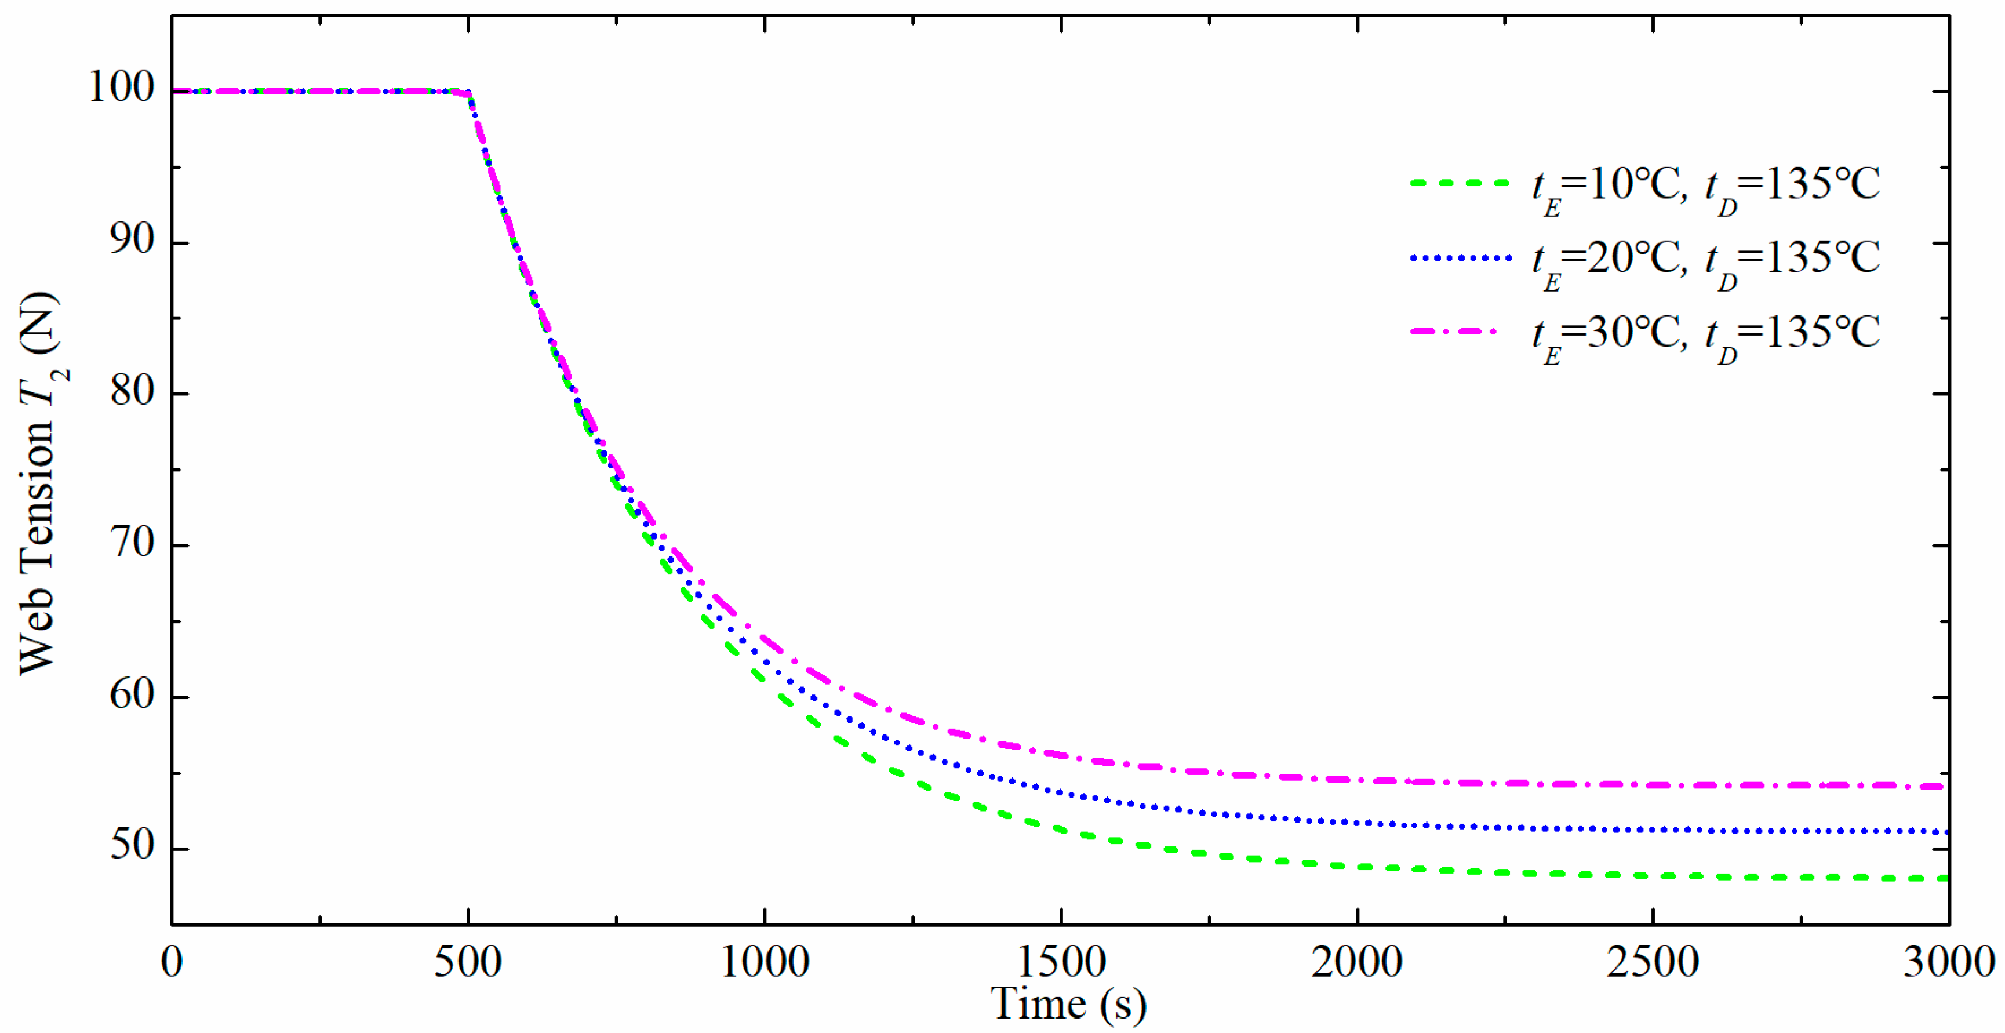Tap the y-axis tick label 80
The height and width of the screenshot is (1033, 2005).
(x=132, y=391)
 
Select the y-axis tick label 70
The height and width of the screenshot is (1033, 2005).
(x=132, y=543)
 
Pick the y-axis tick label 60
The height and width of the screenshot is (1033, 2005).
(x=132, y=694)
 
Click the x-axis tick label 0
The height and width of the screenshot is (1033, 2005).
(x=172, y=962)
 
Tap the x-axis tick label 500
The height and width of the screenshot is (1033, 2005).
(x=468, y=962)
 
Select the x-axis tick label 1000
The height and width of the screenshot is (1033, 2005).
(x=765, y=962)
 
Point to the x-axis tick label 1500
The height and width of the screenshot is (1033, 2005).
(x=1061, y=962)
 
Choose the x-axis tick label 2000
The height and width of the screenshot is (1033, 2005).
(x=1356, y=962)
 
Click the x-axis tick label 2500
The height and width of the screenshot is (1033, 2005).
(x=1653, y=962)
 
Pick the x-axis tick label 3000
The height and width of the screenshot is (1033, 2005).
(x=1948, y=962)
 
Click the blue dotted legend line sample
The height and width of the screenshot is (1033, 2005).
(x=1460, y=257)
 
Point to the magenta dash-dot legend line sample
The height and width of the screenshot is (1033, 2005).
(x=1454, y=332)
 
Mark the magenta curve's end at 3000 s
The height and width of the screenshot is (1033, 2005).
(x=1944, y=787)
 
